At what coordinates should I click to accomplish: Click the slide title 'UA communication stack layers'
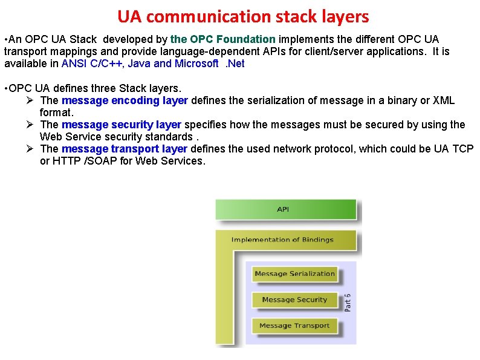click(243, 16)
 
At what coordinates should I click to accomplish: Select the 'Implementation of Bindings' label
click(282, 240)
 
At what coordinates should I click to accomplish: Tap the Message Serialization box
click(294, 273)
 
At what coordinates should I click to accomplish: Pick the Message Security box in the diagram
click(294, 299)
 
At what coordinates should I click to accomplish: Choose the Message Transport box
click(294, 326)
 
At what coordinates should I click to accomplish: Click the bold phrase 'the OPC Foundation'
click(223, 39)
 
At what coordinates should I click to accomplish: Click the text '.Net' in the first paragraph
click(235, 64)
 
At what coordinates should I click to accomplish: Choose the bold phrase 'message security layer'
click(121, 125)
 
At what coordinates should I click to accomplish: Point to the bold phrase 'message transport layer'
click(124, 149)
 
